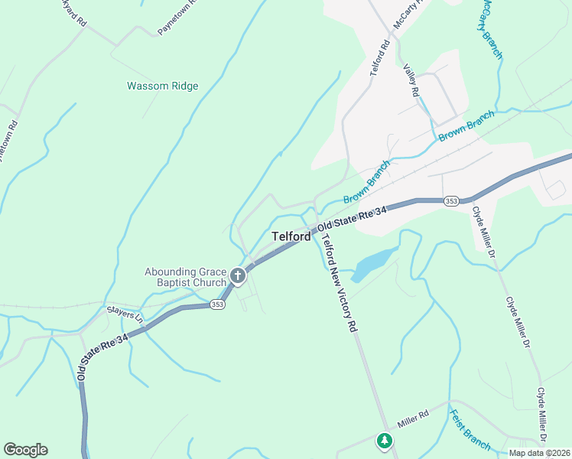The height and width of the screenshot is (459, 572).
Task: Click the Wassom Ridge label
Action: [x=162, y=86]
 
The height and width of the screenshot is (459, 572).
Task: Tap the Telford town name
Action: [x=291, y=237]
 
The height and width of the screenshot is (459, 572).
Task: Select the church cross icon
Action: [x=238, y=275]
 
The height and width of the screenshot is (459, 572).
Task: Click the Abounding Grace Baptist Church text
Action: [x=186, y=277]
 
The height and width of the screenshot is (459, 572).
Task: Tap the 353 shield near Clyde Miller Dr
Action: [x=451, y=200]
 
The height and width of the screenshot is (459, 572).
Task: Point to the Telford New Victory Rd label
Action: [x=339, y=284]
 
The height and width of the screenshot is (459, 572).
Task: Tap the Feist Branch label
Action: [x=470, y=430]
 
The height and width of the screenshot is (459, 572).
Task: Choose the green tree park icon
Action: [x=385, y=441]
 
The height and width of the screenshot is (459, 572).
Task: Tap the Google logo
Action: [x=25, y=450]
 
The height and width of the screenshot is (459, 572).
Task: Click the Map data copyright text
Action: [x=538, y=453]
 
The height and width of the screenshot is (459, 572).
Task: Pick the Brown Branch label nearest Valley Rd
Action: [x=466, y=125]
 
